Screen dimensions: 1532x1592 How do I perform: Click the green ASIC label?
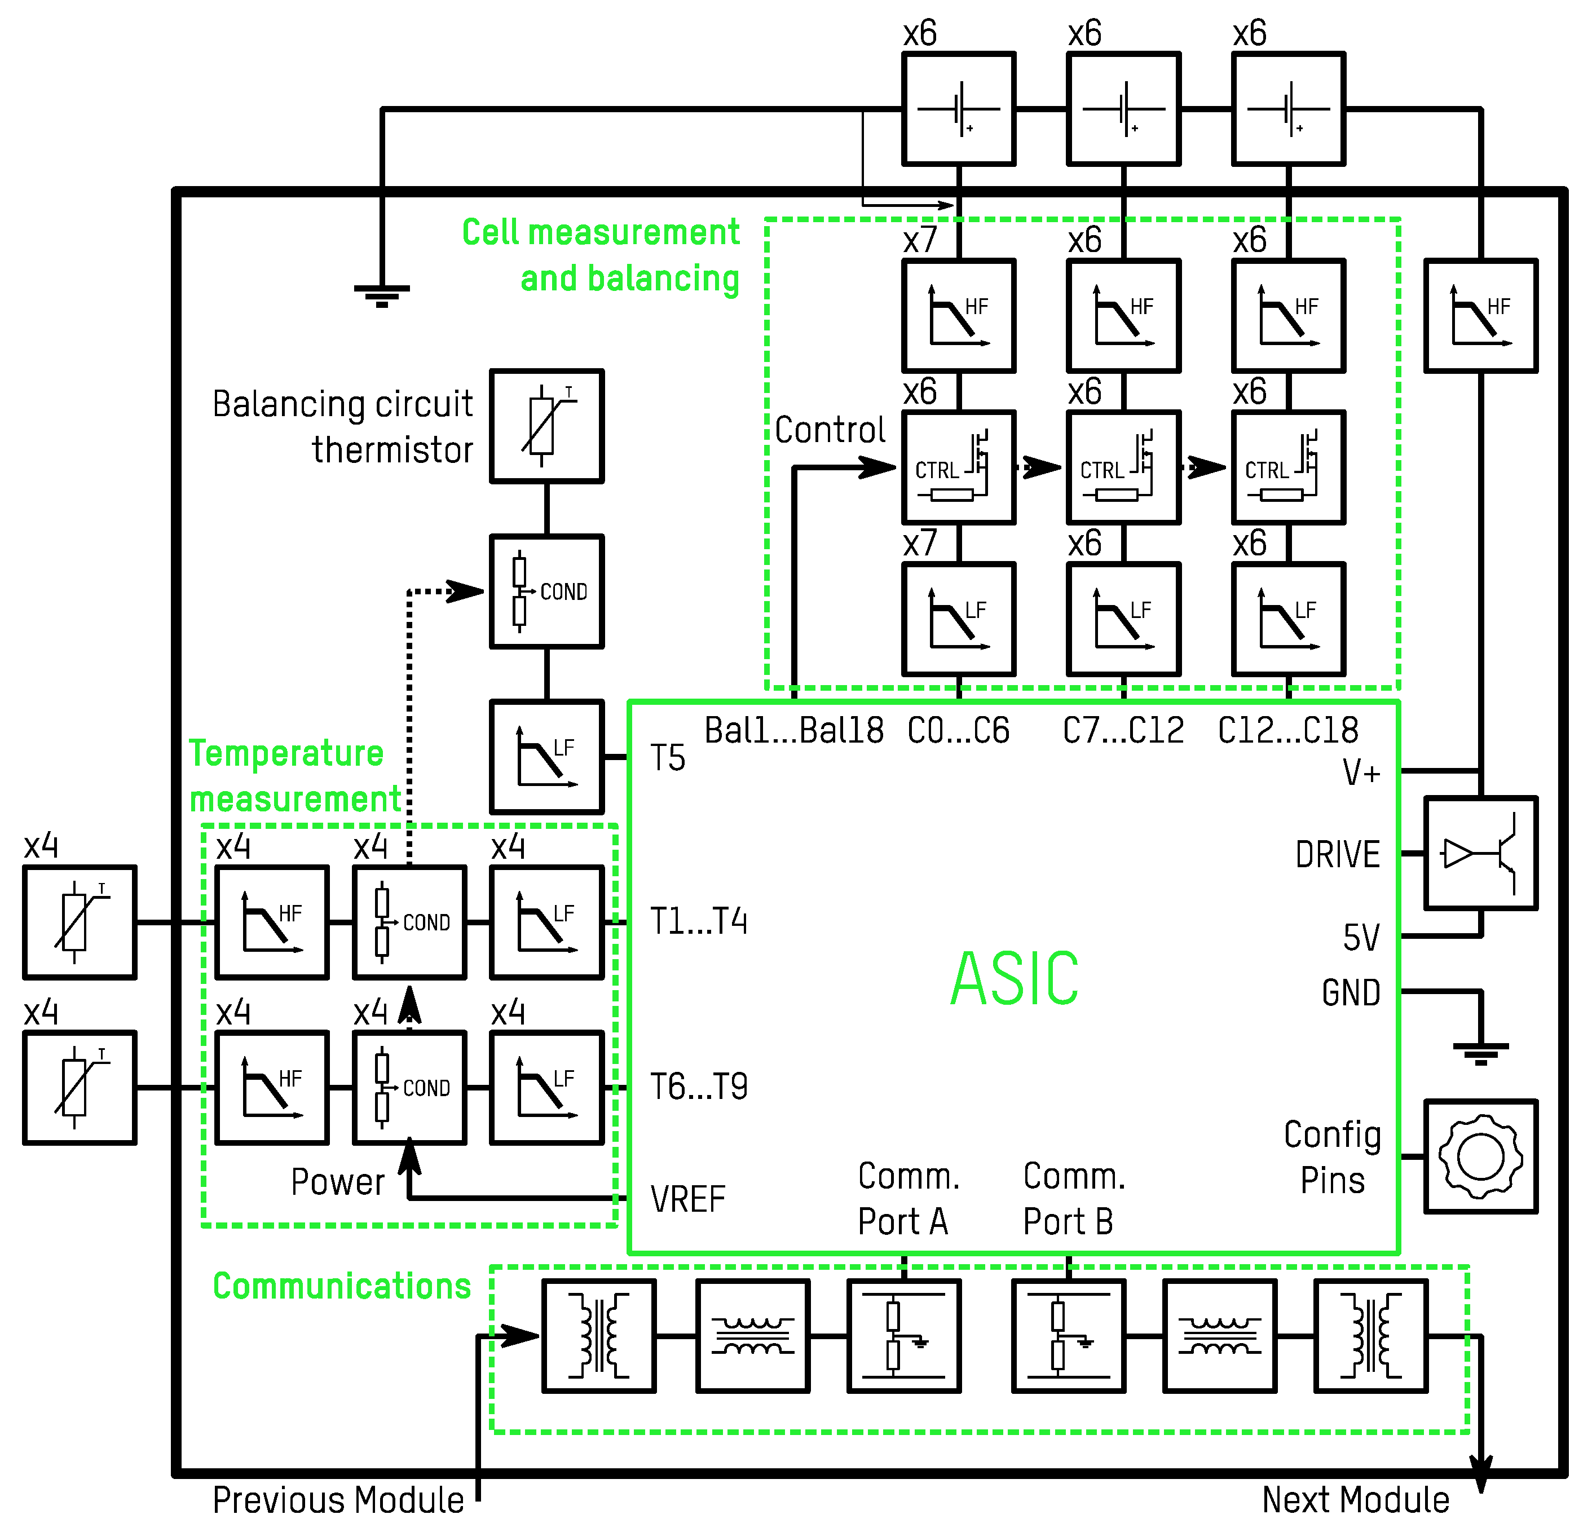point(1015,978)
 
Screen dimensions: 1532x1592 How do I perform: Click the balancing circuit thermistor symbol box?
point(546,426)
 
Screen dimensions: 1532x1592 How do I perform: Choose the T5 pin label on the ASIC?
point(668,758)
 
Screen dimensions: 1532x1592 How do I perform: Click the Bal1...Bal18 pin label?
point(793,730)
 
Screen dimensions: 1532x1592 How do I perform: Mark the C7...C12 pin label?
point(1123,730)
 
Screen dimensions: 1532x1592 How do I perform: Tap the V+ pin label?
point(1361,772)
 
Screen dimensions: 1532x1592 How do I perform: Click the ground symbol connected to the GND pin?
point(1481,1053)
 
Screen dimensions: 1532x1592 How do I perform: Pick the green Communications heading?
point(342,1286)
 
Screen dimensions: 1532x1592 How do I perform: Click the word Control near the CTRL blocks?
point(830,430)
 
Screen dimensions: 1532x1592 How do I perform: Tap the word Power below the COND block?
point(338,1182)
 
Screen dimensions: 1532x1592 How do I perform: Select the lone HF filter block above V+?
point(1481,316)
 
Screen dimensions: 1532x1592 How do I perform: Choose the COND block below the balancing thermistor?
point(546,591)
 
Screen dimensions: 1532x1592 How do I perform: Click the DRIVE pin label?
point(1338,855)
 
